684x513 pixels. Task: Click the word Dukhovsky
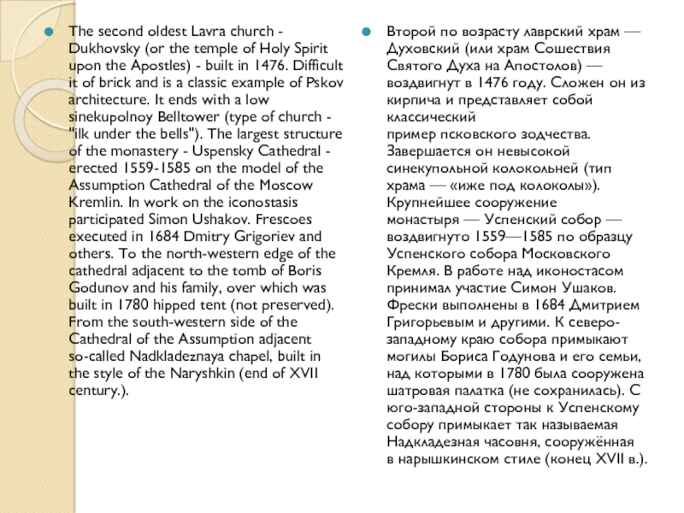(99, 47)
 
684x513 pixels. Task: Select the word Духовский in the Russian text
(422, 47)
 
